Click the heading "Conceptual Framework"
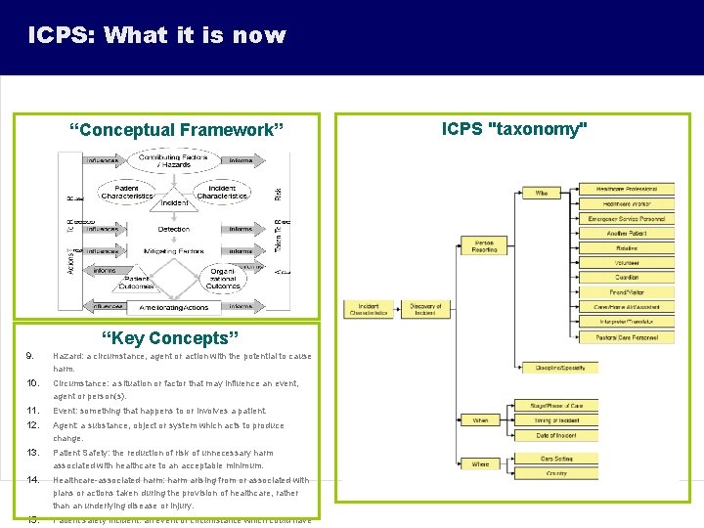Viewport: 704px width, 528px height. [x=177, y=130]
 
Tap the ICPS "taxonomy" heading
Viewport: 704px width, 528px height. [x=515, y=129]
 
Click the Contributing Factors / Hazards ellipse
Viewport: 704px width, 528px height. [x=172, y=161]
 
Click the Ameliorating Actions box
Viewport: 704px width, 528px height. [x=174, y=307]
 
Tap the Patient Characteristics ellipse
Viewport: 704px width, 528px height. [x=126, y=192]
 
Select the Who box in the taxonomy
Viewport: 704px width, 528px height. [x=541, y=194]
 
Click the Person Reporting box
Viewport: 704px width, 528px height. [x=484, y=245]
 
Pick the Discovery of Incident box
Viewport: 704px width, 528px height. [x=425, y=309]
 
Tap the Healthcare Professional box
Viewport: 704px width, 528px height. [x=627, y=189]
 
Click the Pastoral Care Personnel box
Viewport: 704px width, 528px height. [x=627, y=337]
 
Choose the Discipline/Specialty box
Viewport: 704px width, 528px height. [x=560, y=368]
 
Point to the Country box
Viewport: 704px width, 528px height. [x=556, y=473]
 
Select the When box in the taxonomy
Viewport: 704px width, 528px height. [x=480, y=420]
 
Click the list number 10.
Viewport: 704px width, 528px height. [x=32, y=382]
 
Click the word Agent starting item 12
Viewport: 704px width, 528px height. [x=66, y=425]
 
